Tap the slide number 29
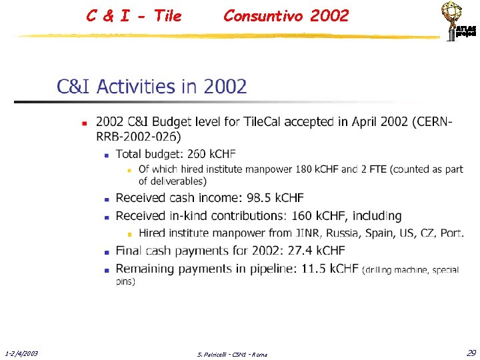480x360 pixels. [x=471, y=353]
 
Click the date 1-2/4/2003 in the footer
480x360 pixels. [x=21, y=353]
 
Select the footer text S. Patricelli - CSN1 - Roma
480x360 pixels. [x=233, y=354]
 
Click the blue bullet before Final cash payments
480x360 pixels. [x=106, y=252]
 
